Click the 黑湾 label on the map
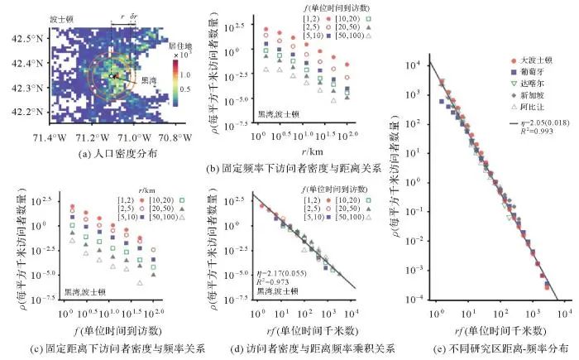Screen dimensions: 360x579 click(x=148, y=81)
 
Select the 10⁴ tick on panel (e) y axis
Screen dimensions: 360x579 click(x=421, y=65)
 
